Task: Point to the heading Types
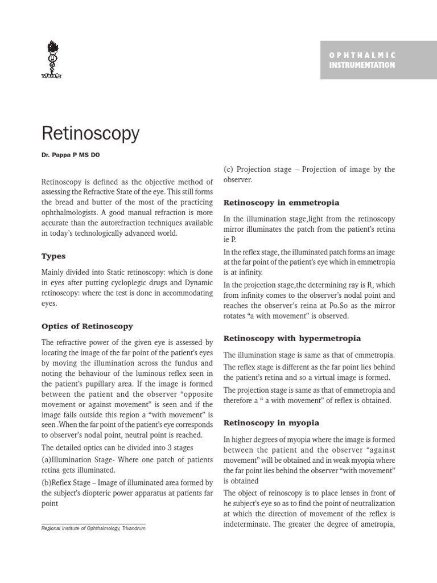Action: (53, 256)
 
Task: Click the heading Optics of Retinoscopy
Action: (88, 326)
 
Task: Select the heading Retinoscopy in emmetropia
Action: (281, 202)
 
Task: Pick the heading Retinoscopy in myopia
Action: (271, 422)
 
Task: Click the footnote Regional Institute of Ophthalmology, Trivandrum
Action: (94, 529)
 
